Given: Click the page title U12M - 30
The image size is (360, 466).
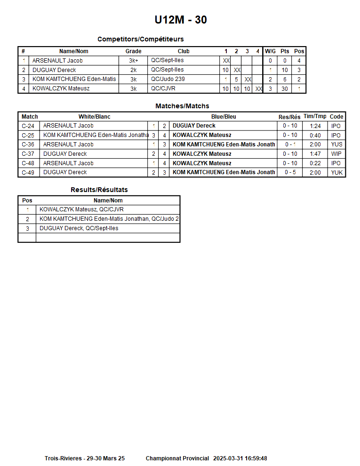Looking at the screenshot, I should click(181, 20).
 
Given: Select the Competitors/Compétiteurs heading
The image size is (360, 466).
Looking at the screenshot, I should click(140, 39).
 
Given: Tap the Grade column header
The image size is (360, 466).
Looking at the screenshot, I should click(133, 51).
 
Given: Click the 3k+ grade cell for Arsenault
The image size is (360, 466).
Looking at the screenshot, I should click(133, 61).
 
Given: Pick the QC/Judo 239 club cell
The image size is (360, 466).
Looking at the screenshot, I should click(168, 79).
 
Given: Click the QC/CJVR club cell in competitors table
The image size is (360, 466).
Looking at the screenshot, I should click(163, 88).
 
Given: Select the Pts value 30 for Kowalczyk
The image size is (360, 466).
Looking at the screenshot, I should click(285, 89).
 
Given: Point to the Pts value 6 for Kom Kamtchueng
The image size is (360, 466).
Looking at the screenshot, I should click(285, 80).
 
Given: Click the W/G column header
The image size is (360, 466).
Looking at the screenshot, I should click(270, 51).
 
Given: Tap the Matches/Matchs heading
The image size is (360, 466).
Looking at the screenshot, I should click(182, 106).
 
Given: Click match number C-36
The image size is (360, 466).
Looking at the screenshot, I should click(28, 145).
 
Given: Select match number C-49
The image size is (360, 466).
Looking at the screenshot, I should click(28, 172).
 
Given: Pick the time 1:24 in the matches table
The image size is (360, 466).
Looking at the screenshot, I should click(315, 126).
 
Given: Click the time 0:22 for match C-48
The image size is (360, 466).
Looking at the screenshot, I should click(315, 163).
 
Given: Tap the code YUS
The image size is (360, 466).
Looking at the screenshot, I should click(336, 145).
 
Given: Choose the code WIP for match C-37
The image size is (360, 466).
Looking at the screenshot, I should click(336, 154).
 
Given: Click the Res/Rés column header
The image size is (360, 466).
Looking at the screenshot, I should click(289, 117).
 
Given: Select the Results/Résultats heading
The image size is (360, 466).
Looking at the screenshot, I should click(99, 190).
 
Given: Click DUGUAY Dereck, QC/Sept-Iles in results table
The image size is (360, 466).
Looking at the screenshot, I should click(79, 228).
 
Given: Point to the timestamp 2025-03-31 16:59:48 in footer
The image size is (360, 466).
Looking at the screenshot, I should click(240, 458).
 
